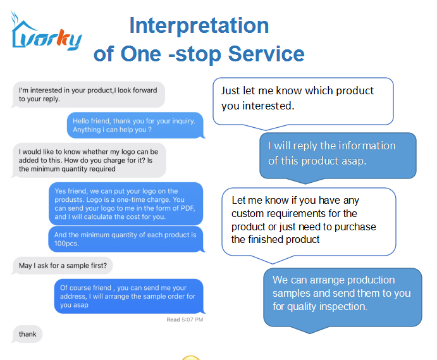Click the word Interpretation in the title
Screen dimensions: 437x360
(199, 26)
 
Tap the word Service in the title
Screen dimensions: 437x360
(266, 54)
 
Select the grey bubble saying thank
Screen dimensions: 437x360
(27, 334)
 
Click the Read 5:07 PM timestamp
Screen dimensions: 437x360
(185, 320)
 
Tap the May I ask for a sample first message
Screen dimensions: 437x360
(62, 266)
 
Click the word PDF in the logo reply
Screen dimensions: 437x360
(189, 208)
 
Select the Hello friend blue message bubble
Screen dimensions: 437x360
(136, 125)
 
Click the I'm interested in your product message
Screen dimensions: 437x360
(88, 94)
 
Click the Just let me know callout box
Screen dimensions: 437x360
(303, 101)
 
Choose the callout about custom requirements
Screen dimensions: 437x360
(309, 221)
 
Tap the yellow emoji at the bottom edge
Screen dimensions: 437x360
(190, 357)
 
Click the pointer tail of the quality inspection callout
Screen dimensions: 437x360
(310, 330)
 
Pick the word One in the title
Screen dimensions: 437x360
(141, 54)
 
